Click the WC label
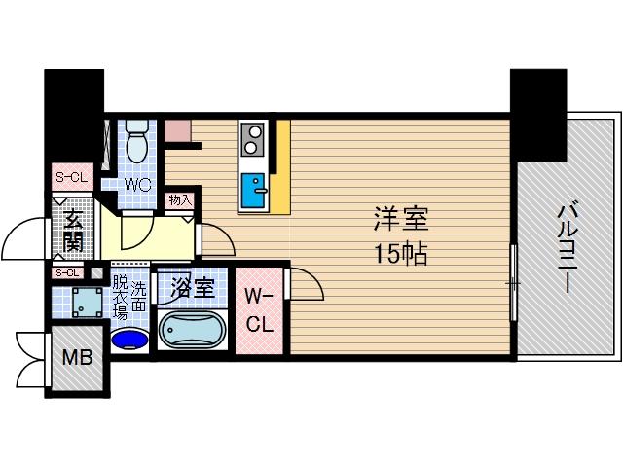pyautogui.click(x=137, y=182)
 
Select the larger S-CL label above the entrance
pyautogui.click(x=70, y=178)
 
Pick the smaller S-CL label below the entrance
pyautogui.click(x=67, y=273)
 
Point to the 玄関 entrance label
pyautogui.click(x=74, y=230)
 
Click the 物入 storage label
pyautogui.click(x=180, y=200)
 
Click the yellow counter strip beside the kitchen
pyautogui.click(x=280, y=165)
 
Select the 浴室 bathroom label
pyautogui.click(x=192, y=288)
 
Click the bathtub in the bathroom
pyautogui.click(x=192, y=331)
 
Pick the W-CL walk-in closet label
pyautogui.click(x=259, y=310)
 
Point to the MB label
pyautogui.click(x=78, y=358)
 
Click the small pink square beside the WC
pyautogui.click(x=176, y=131)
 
